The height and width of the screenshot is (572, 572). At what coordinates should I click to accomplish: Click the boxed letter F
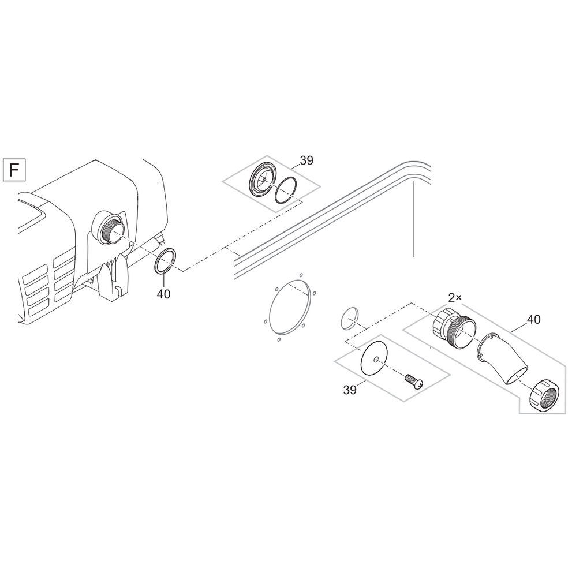click(14, 170)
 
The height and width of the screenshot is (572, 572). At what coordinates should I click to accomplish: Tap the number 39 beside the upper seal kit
click(306, 160)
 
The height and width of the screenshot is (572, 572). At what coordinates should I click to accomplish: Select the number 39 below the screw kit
click(349, 390)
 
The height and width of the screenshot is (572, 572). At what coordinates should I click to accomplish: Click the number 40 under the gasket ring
click(163, 294)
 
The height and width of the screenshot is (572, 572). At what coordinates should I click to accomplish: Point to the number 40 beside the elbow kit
click(534, 320)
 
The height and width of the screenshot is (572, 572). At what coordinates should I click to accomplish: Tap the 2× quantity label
click(454, 298)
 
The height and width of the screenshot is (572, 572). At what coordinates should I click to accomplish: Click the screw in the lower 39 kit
click(414, 381)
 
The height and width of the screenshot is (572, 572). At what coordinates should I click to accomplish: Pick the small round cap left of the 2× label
click(349, 319)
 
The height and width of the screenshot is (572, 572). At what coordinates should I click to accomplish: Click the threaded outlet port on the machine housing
click(109, 227)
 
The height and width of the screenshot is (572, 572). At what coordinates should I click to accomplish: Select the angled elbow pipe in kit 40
click(502, 360)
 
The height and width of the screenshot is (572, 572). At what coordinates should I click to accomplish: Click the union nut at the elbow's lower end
click(544, 395)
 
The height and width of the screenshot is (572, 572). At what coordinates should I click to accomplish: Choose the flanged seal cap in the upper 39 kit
click(262, 180)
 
